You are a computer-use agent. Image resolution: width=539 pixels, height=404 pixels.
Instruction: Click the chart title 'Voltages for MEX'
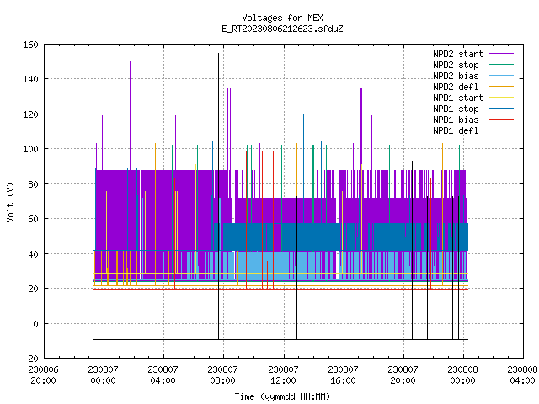(282, 18)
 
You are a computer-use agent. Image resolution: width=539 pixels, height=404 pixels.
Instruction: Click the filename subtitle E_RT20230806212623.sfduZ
(282, 29)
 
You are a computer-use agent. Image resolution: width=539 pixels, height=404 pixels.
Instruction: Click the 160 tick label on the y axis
(30, 45)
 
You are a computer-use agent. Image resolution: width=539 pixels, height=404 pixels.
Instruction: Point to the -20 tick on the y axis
(30, 359)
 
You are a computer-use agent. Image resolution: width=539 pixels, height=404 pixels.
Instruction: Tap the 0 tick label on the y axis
(35, 324)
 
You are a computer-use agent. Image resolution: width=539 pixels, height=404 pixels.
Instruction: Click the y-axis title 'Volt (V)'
(11, 202)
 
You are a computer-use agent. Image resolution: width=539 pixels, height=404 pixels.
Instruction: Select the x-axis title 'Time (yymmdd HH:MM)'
(282, 396)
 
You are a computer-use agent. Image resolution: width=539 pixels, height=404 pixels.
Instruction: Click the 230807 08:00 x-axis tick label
(222, 375)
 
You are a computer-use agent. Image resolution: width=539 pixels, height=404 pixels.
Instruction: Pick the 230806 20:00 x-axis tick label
(43, 375)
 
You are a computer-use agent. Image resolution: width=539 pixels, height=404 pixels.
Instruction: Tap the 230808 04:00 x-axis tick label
(522, 375)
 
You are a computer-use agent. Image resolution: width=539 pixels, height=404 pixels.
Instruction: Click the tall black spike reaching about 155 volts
(218, 196)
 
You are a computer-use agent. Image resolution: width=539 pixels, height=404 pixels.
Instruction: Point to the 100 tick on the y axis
(30, 149)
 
